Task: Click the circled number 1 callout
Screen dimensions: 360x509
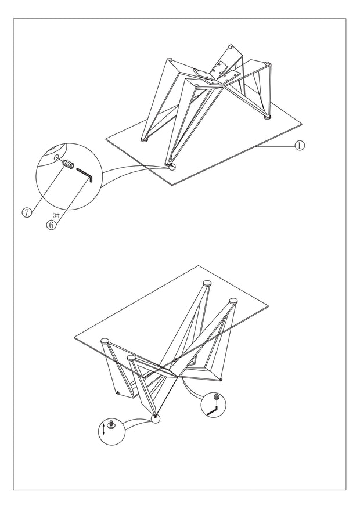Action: tap(299, 145)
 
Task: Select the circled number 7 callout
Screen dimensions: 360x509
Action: tap(27, 212)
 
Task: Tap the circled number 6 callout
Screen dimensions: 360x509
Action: tap(51, 225)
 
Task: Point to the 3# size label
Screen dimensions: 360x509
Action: tap(56, 215)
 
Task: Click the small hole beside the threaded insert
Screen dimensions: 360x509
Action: tap(56, 157)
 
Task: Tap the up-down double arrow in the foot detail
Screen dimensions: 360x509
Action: tap(103, 428)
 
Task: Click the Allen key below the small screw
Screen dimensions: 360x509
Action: tap(213, 410)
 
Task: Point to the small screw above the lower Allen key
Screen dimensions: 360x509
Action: tap(216, 397)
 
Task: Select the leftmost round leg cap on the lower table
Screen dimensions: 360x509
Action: tap(106, 341)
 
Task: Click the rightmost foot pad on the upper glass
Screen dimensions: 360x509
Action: tap(267, 117)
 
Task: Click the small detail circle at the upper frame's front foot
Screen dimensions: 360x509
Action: tap(171, 167)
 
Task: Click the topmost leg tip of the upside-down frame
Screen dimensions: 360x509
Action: tap(230, 46)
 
